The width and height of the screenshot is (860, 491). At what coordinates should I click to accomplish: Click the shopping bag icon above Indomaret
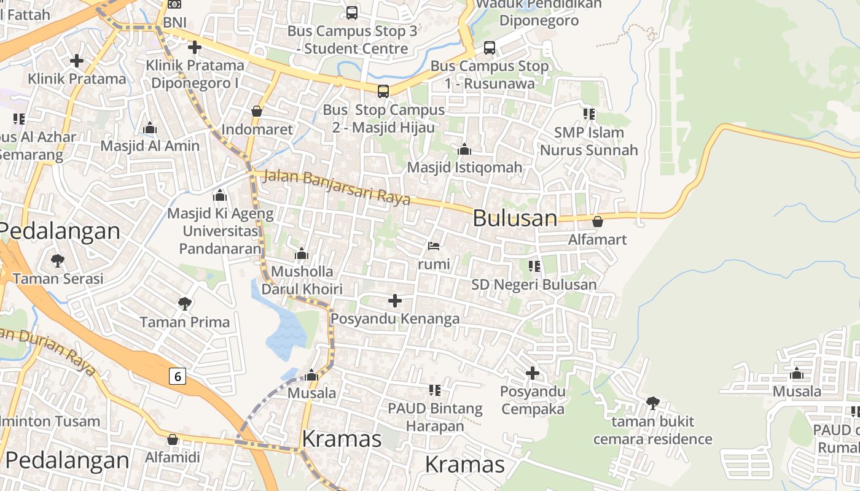pos(257,111)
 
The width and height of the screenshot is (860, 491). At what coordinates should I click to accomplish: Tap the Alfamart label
pos(598,239)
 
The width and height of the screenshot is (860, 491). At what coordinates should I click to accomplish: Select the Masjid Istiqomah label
pos(464,167)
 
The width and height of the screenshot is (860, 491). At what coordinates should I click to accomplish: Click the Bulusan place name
pos(515,218)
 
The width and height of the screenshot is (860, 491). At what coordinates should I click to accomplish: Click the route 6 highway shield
pos(178,376)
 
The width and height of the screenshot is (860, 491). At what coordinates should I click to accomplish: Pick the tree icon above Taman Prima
pos(184,303)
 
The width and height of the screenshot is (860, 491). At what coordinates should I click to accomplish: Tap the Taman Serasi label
pos(58,279)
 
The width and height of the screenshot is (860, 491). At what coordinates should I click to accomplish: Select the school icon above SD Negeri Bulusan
pos(534,266)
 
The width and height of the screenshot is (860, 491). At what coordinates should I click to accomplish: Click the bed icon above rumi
pos(434,247)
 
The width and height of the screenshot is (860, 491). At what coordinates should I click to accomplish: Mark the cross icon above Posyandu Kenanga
pos(395,301)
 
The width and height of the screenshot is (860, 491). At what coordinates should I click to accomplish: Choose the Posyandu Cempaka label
pos(533,400)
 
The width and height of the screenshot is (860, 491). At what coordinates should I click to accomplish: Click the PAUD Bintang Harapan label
pos(435,417)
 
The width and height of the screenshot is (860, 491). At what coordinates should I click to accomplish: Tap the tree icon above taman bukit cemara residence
pos(652,403)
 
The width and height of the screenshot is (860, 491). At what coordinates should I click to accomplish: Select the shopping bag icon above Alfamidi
pos(173,439)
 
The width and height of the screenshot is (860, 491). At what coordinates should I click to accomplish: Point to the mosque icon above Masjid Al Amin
pos(150,128)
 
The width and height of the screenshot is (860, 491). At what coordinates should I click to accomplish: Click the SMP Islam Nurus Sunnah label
pos(588,141)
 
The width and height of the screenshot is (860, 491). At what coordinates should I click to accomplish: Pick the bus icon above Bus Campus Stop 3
pos(352,12)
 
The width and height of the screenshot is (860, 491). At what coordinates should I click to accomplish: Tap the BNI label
pos(174,23)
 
